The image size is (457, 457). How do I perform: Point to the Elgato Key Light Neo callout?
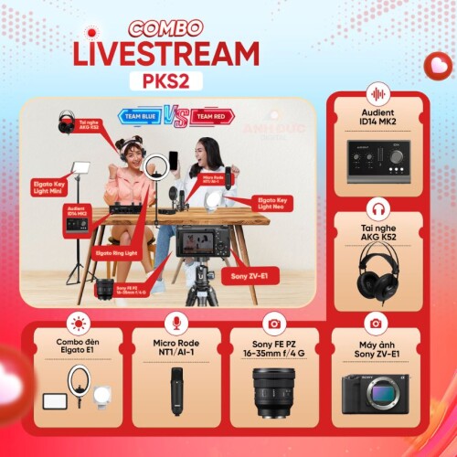[266, 209]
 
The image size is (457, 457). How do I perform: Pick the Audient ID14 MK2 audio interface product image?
[377, 165]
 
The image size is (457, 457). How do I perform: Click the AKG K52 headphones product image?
[377, 272]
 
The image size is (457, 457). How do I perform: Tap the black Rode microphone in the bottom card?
[176, 389]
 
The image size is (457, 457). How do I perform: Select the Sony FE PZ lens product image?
[273, 388]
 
